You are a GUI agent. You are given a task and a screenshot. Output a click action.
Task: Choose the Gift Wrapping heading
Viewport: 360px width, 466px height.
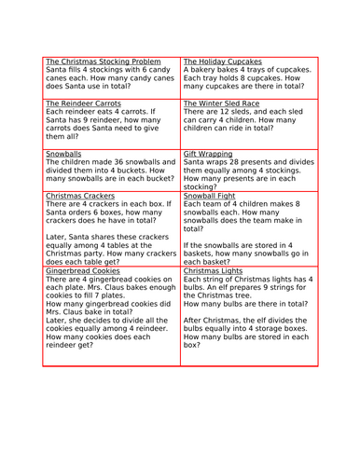pyautogui.click(x=208, y=153)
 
